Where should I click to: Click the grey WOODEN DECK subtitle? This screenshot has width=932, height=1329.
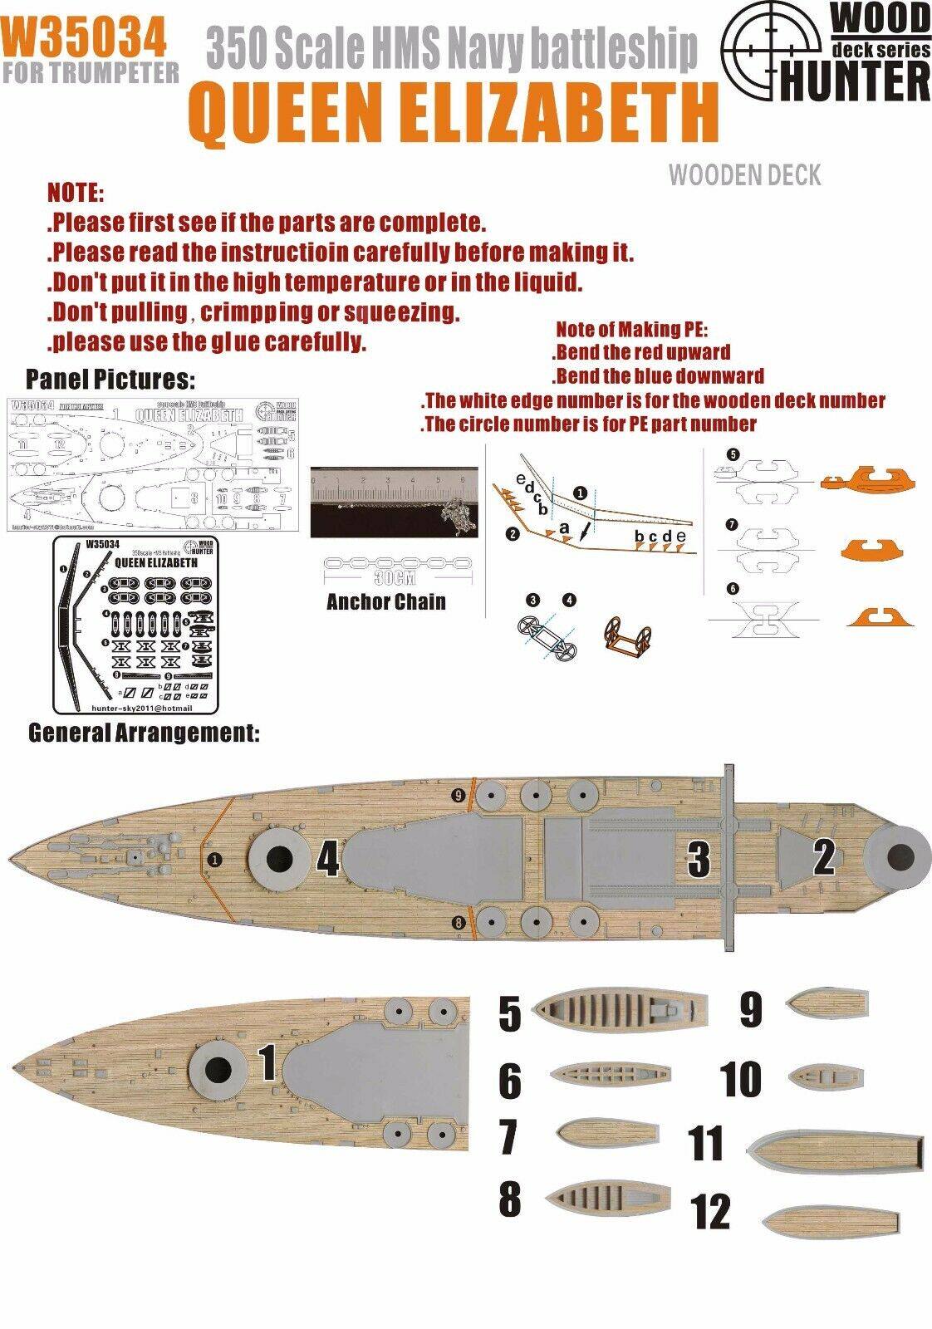[744, 175]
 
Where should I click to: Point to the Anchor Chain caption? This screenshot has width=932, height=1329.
[385, 601]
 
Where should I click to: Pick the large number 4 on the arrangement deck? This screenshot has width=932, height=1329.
[327, 860]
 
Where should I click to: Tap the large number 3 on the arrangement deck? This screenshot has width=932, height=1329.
[699, 859]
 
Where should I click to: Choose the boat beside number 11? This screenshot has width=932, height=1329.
[835, 1151]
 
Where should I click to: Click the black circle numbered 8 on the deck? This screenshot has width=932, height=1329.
[459, 922]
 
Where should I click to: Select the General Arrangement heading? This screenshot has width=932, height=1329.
[145, 733]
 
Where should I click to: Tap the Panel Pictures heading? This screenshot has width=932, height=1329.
[110, 379]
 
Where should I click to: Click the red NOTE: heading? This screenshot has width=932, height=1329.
[76, 194]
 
